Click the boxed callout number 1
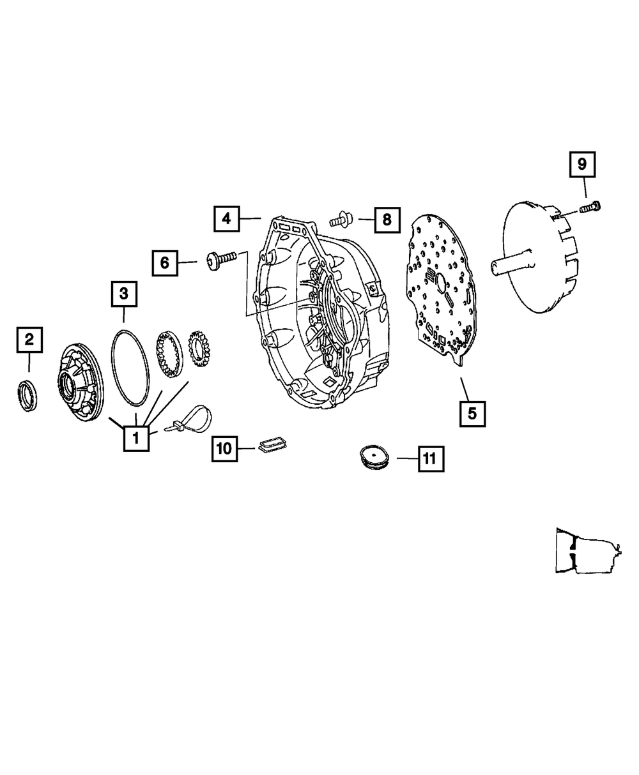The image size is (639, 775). coord(136,439)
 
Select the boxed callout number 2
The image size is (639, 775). coord(29,340)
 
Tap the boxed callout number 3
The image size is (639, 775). coord(124,294)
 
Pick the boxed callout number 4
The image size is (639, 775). coord(226,219)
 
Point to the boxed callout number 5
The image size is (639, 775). coord(472,414)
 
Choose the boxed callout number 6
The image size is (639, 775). coord(165,263)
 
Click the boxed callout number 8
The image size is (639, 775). coord(387,220)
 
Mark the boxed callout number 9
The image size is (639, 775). coord(582,165)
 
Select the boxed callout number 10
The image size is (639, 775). coord(224,449)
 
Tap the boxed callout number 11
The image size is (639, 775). coord(431,459)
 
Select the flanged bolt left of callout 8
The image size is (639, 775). coord(341,220)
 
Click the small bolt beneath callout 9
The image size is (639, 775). coord(590,207)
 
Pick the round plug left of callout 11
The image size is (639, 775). coord(374,456)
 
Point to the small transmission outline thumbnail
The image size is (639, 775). coord(589,551)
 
